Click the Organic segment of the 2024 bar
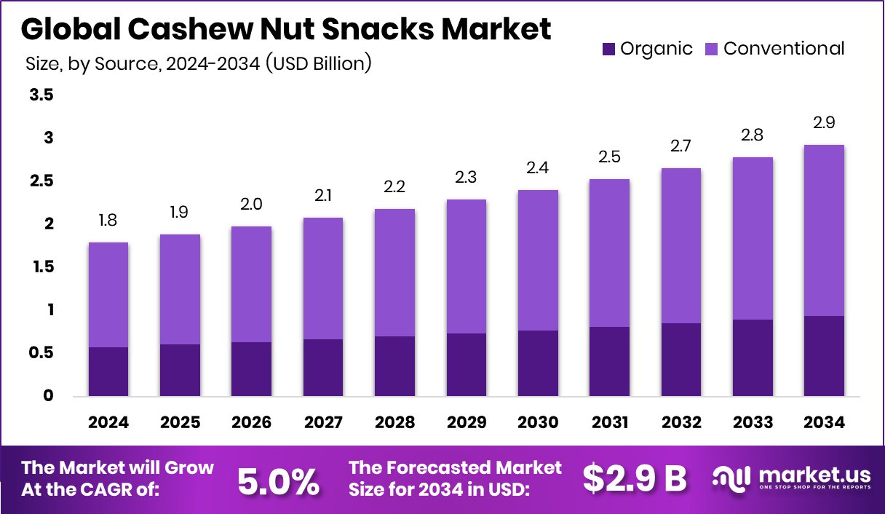108,371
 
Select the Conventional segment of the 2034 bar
824,230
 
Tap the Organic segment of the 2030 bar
538,363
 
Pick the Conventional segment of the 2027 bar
322,278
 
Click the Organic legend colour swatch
608,50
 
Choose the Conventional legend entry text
784,49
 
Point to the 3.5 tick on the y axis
41,95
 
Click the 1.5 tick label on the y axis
41,267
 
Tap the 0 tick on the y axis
47,396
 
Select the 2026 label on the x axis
251,423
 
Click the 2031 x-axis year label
609,423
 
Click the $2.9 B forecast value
635,478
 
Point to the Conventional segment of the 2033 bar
753,238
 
